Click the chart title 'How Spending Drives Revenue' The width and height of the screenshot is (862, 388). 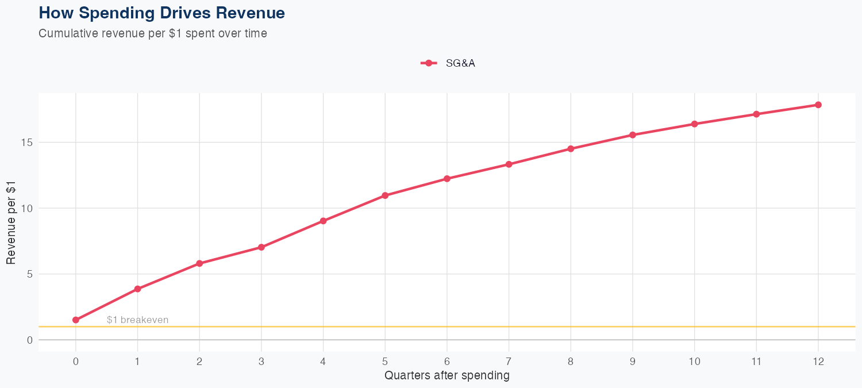(x=161, y=13)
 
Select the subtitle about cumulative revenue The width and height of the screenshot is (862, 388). (x=153, y=33)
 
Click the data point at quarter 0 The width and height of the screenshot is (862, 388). (x=76, y=320)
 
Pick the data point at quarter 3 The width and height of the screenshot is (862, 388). (x=261, y=247)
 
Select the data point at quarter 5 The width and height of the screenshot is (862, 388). (x=385, y=195)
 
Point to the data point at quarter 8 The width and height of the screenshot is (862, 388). (x=571, y=149)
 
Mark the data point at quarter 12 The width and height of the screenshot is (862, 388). (x=818, y=105)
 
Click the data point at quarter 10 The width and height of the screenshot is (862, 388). (x=695, y=124)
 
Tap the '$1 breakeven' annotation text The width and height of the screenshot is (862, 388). (x=137, y=320)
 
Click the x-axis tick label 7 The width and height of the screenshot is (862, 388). (x=509, y=362)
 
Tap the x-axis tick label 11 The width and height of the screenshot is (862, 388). (x=756, y=362)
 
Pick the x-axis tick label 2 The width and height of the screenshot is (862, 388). (x=199, y=362)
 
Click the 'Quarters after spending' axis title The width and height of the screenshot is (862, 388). (x=447, y=376)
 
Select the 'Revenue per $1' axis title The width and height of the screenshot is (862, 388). (x=11, y=222)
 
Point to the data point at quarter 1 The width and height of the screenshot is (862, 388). (x=138, y=289)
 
